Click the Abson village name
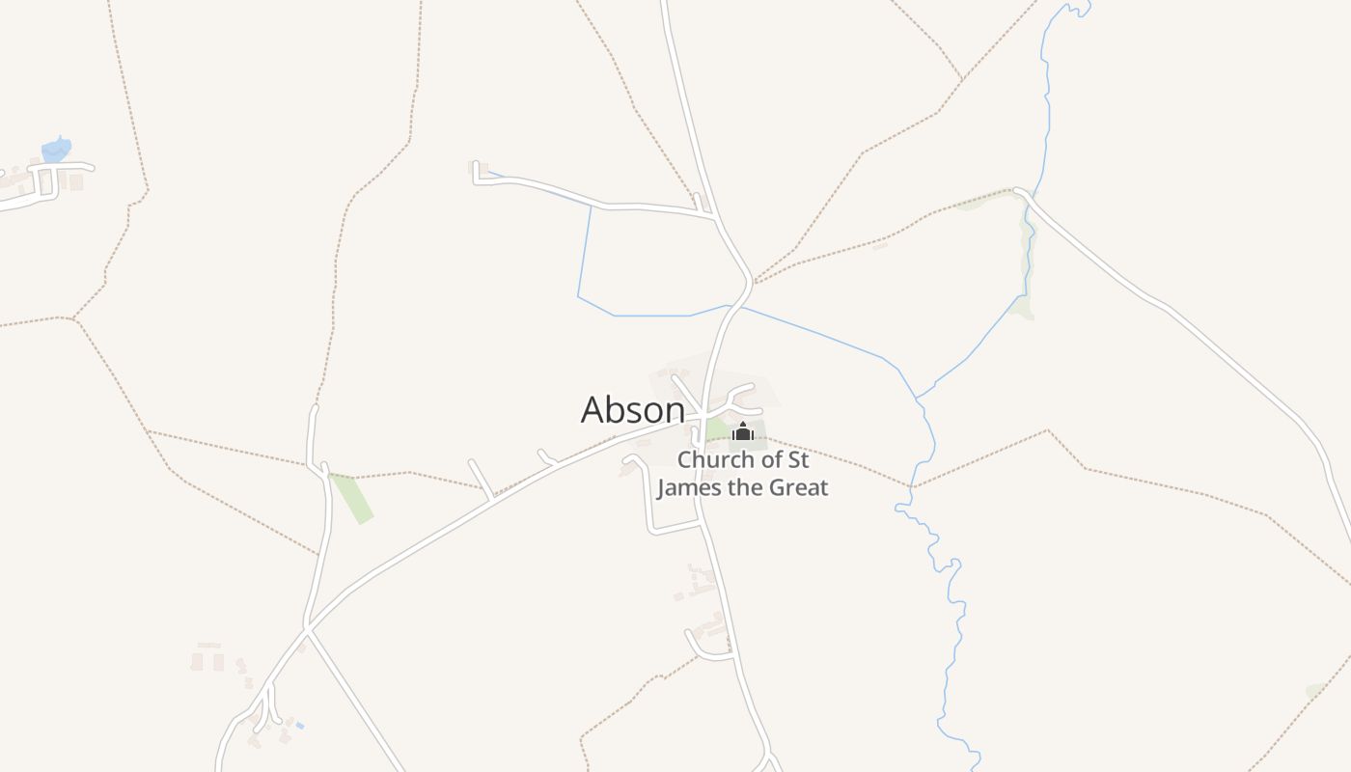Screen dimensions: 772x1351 coord(632,410)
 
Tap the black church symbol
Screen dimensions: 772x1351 coord(742,431)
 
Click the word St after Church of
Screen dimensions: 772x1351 coord(797,460)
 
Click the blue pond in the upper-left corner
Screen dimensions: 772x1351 coord(56,151)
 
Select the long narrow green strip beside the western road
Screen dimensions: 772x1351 coord(351,498)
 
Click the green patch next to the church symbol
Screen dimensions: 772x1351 coord(717,428)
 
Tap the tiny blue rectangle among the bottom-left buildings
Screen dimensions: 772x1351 coord(299,725)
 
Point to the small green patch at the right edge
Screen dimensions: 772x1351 coord(1314,691)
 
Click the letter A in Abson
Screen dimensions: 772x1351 coord(593,410)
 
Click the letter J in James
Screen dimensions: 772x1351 coord(662,487)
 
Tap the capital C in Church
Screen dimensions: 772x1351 coord(684,460)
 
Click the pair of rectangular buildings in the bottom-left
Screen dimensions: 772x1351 coord(207,662)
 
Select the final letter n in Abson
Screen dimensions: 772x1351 coord(675,412)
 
